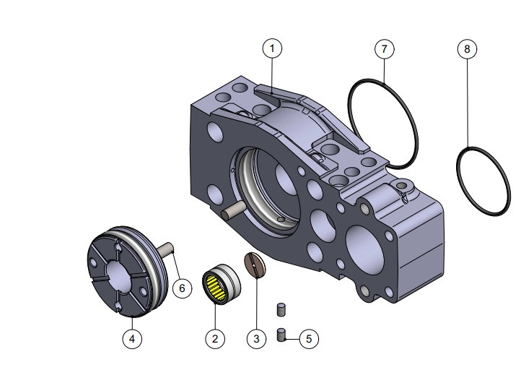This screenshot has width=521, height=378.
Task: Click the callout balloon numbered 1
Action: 272,48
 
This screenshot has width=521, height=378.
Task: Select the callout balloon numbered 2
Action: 214,338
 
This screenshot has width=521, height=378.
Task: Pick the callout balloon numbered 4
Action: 131,338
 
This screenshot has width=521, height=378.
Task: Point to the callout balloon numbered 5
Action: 308,338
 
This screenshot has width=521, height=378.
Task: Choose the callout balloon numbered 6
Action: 182,288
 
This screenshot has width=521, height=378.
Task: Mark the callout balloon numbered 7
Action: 384,48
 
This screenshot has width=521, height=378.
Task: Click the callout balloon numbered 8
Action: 467,48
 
